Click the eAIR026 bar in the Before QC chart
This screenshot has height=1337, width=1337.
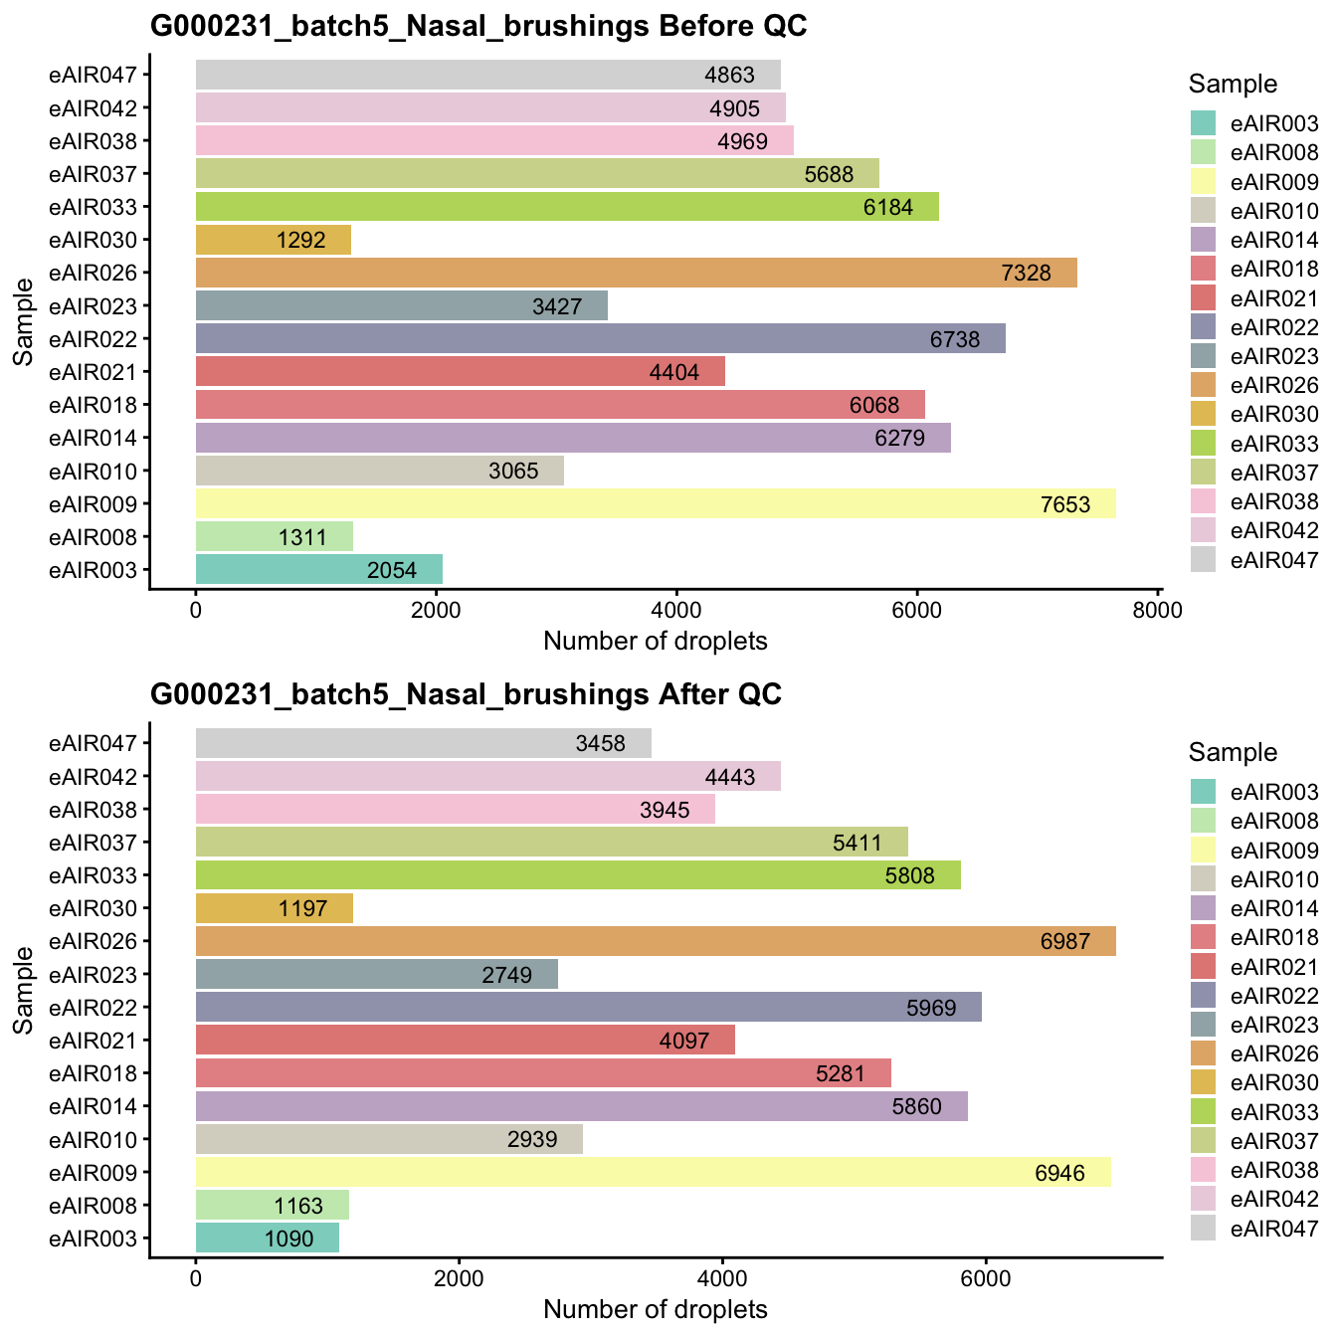[636, 273]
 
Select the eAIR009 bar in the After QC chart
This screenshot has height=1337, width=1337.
[653, 1173]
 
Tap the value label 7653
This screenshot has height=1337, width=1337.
[1065, 504]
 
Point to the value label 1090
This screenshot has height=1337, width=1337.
[288, 1240]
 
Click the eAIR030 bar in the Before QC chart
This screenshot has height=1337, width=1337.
[274, 240]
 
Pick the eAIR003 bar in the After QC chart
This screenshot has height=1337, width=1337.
[267, 1239]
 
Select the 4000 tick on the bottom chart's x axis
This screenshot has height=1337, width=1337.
[722, 1279]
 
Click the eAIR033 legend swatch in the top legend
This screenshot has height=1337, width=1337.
[1204, 443]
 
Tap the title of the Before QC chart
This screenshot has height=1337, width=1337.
[477, 27]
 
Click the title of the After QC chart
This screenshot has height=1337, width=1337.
[466, 694]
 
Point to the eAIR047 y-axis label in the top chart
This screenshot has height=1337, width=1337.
[99, 75]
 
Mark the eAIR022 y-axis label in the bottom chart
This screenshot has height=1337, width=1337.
[99, 1008]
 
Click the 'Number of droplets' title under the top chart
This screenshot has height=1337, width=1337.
[656, 642]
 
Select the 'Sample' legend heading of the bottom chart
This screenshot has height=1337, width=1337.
[1233, 753]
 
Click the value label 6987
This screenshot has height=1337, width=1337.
[1065, 942]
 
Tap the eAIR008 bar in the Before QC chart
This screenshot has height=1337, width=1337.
[274, 537]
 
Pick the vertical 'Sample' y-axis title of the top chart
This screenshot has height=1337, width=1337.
[24, 322]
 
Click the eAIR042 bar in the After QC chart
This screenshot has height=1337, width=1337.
[487, 777]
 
